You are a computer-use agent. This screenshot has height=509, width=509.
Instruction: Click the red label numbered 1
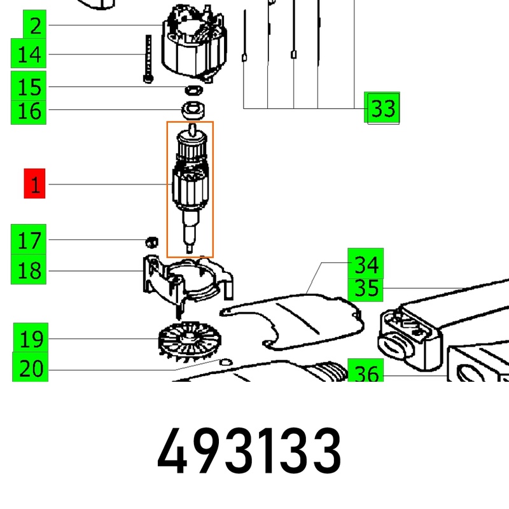point(34,183)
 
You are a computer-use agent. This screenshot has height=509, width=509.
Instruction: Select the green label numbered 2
point(35,24)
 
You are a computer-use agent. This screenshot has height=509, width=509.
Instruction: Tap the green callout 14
point(29,53)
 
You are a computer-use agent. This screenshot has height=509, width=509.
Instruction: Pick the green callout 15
point(29,86)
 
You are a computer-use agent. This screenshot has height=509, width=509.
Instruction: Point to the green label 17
point(29,239)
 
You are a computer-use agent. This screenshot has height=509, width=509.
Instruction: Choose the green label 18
point(29,269)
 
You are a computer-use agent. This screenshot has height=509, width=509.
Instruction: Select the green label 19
point(31,338)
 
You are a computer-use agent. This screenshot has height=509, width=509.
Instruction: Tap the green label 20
point(30,367)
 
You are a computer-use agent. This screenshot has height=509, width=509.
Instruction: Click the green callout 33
point(382,108)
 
